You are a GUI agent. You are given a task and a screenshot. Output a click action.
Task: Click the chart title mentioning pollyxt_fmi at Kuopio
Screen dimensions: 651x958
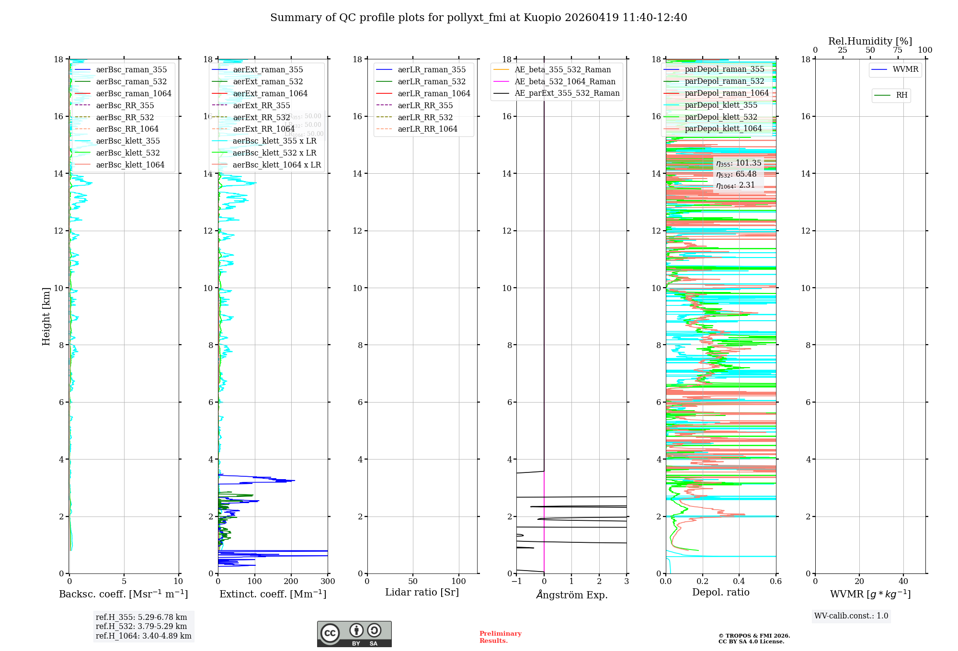tap(479, 18)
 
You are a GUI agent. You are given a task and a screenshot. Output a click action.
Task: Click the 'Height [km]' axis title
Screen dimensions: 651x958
tap(46, 316)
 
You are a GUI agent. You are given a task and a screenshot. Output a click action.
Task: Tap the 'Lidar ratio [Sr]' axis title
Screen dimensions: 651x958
tap(422, 592)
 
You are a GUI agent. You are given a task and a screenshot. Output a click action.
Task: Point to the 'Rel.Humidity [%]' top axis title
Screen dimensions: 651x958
tap(870, 41)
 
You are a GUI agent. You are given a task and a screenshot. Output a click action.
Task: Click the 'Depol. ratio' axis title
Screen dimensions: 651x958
tap(720, 592)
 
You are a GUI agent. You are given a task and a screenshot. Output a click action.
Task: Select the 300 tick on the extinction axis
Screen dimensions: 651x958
tap(328, 582)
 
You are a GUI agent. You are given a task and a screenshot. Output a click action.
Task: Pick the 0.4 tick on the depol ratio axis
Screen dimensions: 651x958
tap(739, 582)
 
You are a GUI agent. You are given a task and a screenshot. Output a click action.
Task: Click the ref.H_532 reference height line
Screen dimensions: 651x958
tap(141, 626)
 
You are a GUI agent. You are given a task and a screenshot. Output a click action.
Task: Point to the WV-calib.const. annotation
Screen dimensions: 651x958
tap(851, 616)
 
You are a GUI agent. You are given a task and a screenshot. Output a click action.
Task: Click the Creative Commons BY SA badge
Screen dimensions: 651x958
tap(354, 634)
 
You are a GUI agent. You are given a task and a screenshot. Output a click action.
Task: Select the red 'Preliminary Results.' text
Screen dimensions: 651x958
tap(500, 637)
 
